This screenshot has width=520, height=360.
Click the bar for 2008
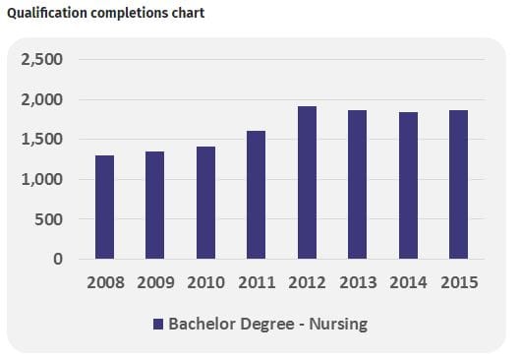click(104, 208)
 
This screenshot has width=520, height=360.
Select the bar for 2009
click(154, 206)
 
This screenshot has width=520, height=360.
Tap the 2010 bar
click(205, 203)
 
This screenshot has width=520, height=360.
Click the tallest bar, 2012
click(307, 183)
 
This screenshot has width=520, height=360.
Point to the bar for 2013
click(357, 185)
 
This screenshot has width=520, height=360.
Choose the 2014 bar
click(408, 186)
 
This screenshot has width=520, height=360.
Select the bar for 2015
click(458, 185)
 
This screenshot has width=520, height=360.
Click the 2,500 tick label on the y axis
click(42, 60)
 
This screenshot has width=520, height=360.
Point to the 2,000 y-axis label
click(42, 100)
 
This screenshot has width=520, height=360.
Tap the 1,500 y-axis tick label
click(42, 140)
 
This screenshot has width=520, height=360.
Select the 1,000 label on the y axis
click(42, 180)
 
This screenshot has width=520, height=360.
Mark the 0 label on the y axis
click(58, 260)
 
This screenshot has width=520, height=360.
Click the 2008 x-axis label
click(105, 283)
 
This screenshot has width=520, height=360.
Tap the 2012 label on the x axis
click(307, 283)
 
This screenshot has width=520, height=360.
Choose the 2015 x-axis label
click(458, 283)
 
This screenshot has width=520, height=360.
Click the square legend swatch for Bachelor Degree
click(157, 325)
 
